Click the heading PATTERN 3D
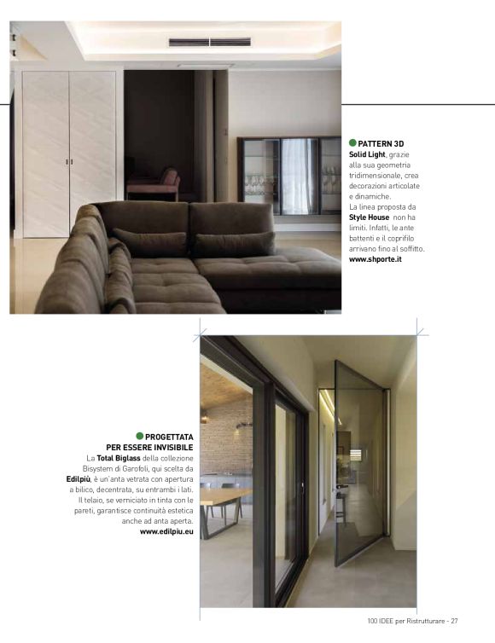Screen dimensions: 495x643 coord(381,143)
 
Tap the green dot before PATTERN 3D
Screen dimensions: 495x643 coord(353,143)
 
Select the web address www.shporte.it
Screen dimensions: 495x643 coord(376,259)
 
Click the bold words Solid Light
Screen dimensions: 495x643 coord(368,154)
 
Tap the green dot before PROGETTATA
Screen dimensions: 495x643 coord(140,436)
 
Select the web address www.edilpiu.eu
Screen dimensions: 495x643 coord(166,531)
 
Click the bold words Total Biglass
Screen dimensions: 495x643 coord(119,458)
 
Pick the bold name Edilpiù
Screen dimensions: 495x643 coord(79,479)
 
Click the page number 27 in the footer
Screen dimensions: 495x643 coord(454,621)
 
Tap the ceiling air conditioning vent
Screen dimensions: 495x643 coord(210,41)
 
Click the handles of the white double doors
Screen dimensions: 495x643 coord(69,161)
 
